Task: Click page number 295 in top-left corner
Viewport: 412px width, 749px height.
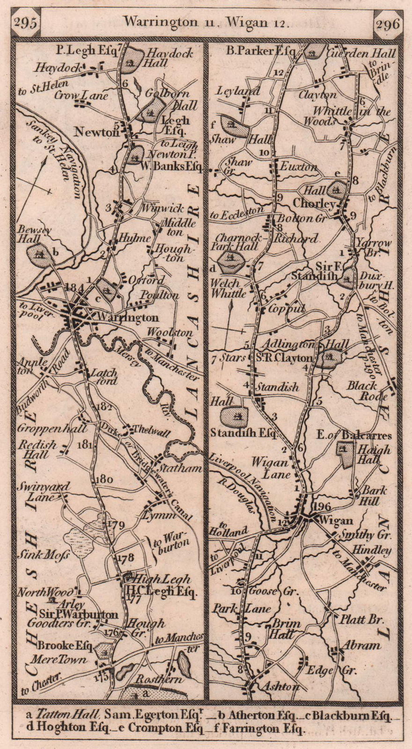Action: click(26, 22)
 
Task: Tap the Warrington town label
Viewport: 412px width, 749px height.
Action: click(126, 317)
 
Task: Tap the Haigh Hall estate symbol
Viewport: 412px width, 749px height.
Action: click(347, 455)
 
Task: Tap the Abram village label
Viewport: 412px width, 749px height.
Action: click(361, 645)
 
